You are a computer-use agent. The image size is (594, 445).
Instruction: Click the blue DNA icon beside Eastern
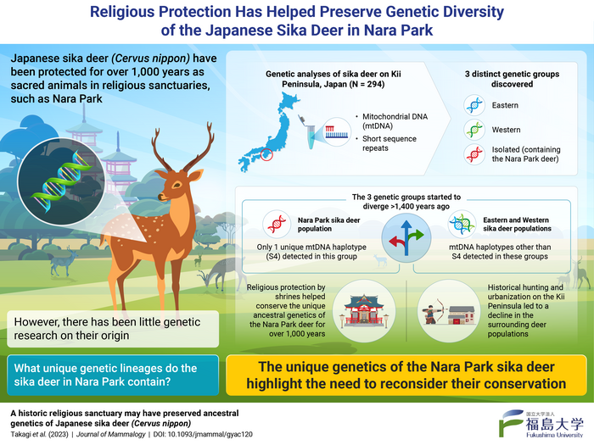point(474,107)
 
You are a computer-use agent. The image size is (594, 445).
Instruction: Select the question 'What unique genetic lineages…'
point(106,375)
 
